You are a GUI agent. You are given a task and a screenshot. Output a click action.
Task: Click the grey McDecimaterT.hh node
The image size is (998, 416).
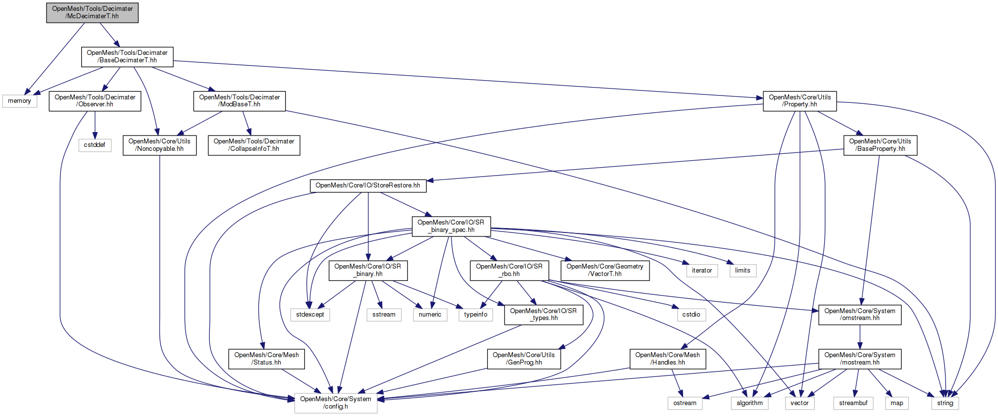[x=92, y=12]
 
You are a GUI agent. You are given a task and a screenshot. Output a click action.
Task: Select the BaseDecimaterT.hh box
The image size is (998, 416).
[x=127, y=56]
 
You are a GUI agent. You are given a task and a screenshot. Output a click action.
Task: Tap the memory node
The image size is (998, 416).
[x=19, y=101]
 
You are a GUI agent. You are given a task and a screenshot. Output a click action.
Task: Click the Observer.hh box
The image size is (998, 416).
[x=95, y=101]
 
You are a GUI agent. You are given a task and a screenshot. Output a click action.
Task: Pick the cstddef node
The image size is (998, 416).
[x=94, y=145]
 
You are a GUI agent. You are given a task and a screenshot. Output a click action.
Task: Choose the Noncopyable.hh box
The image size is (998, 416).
[x=159, y=145]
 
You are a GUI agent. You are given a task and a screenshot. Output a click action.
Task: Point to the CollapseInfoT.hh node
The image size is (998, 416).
[x=253, y=145]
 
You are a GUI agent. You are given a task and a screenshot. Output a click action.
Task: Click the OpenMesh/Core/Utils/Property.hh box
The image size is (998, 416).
[x=799, y=101]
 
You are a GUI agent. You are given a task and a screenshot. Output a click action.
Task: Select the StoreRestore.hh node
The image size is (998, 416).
[x=368, y=185]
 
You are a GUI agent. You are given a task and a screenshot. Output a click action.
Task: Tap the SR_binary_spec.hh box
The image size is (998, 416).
[x=451, y=226]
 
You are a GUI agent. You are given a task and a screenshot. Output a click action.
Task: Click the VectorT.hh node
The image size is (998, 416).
[x=604, y=270]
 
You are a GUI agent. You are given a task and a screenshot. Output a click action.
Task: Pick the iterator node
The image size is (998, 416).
[x=701, y=271]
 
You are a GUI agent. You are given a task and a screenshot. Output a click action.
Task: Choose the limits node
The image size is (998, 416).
[x=742, y=271]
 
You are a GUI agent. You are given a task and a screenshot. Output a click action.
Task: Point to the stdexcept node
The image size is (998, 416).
[x=310, y=315]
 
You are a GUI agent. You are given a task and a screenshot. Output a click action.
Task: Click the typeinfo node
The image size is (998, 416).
[x=475, y=315]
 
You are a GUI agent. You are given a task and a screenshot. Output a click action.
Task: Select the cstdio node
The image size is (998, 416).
[x=691, y=315]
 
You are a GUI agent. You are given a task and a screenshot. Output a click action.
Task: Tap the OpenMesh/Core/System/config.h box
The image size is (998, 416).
[x=336, y=403]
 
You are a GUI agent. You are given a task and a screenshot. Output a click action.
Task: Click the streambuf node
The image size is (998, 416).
[x=853, y=403]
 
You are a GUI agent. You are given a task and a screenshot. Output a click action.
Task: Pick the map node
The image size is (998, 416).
[x=897, y=403]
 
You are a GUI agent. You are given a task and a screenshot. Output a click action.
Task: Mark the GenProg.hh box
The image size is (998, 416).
[x=524, y=359]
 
